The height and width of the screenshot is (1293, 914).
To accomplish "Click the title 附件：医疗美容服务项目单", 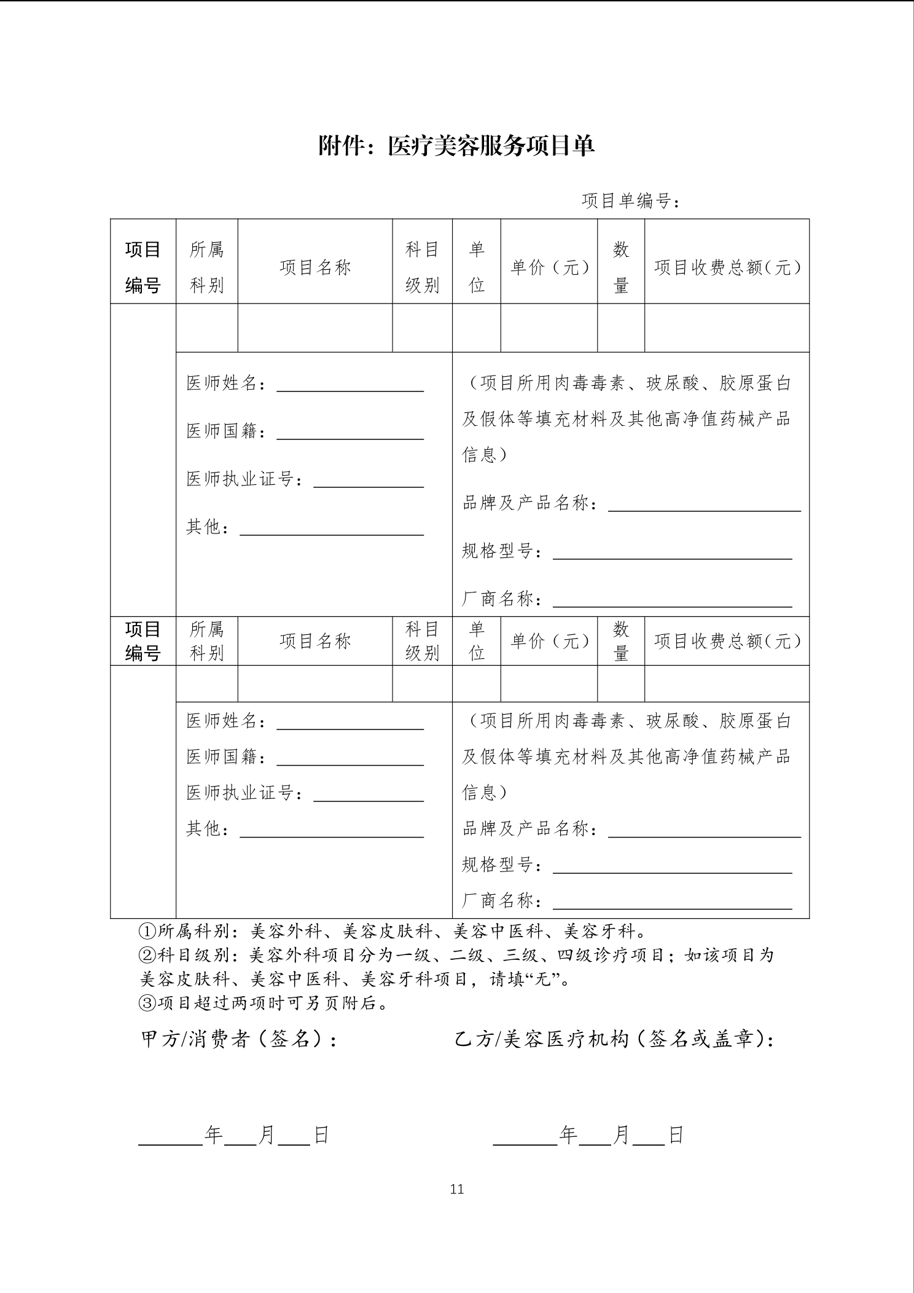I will click(456, 146).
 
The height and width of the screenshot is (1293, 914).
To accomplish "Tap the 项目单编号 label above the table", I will click(630, 201).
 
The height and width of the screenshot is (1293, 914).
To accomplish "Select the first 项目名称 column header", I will click(315, 267).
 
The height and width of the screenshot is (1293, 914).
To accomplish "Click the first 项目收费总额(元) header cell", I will click(727, 267).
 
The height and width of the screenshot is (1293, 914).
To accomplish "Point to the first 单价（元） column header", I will click(549, 267).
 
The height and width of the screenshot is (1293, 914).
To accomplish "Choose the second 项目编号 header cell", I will click(143, 641).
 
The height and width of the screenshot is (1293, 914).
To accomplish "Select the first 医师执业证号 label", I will click(244, 479).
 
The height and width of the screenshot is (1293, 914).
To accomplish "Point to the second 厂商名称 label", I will click(502, 901).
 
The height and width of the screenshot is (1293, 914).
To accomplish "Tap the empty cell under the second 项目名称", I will click(315, 683).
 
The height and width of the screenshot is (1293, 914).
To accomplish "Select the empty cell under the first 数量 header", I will click(621, 328).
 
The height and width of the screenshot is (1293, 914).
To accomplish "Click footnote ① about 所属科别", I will click(393, 932).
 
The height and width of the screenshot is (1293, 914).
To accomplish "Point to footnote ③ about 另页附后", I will click(264, 1003).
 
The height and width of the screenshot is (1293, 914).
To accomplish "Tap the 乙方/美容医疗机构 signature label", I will click(614, 1039).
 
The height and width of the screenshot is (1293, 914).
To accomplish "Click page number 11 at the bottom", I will click(456, 1189).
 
